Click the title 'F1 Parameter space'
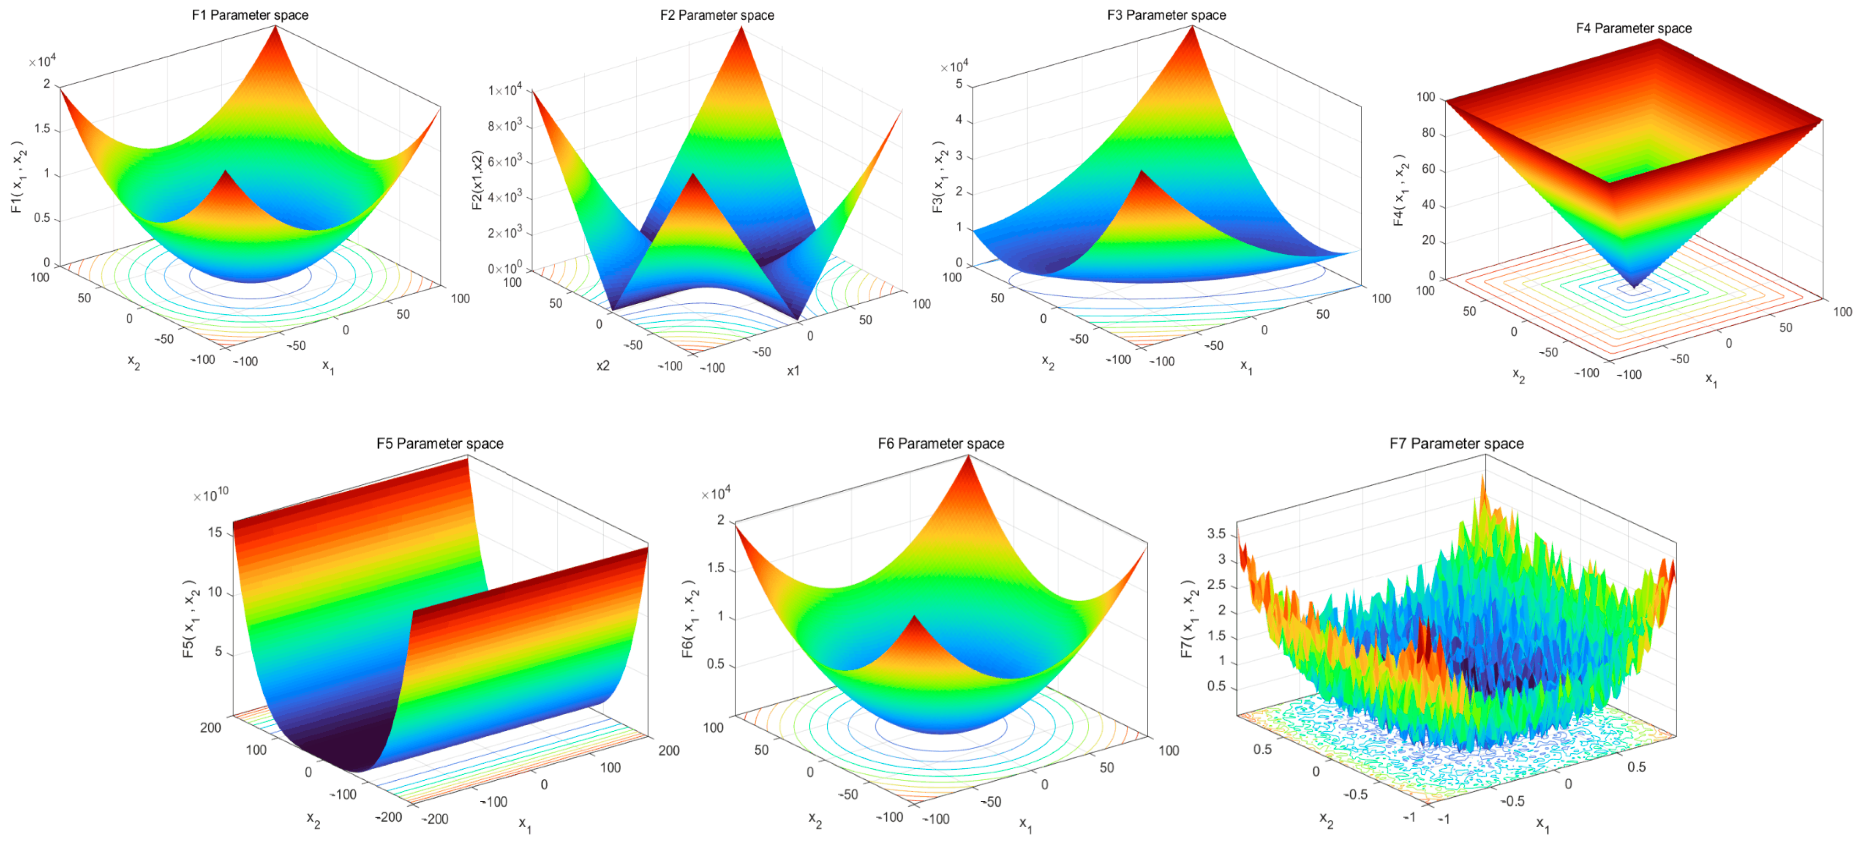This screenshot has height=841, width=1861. click(250, 14)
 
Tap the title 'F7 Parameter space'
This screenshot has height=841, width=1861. click(1456, 443)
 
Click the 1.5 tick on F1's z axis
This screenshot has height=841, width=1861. click(42, 128)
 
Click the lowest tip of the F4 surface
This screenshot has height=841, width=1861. click(1634, 288)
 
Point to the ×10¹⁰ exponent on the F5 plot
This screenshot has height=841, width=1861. click(210, 495)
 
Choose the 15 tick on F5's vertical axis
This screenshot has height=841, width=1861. click(215, 533)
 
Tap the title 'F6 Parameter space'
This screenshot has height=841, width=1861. click(940, 443)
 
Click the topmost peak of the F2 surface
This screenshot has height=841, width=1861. click(742, 27)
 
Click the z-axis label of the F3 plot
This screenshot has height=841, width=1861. click(938, 177)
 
